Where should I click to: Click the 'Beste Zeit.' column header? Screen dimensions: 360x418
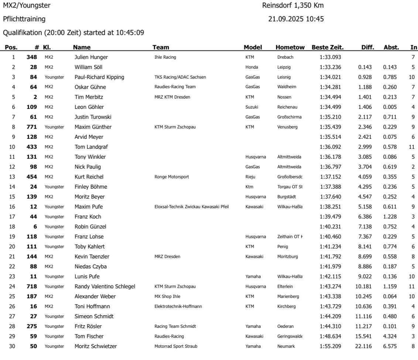coord(328,47)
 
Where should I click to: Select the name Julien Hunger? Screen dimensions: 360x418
coord(92,57)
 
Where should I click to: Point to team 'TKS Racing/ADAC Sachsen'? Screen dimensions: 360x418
coord(180,77)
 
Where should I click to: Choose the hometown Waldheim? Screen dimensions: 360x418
coord(287,87)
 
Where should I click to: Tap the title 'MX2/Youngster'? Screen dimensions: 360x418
coord(27,6)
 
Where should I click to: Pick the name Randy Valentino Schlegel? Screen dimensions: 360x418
coord(105,286)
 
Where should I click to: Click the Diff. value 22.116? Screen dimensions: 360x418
coord(366,346)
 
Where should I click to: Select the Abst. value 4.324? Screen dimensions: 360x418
coord(390,336)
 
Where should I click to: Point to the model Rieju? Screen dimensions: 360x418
coord(250,176)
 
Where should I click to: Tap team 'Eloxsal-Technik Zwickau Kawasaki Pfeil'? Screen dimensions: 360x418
coord(191,206)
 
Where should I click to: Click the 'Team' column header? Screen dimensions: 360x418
coord(161,47)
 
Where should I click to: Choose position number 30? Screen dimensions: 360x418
coord(14,346)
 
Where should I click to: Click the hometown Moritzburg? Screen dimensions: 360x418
coord(289,256)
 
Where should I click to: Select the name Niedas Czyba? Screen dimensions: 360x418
coord(90,266)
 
